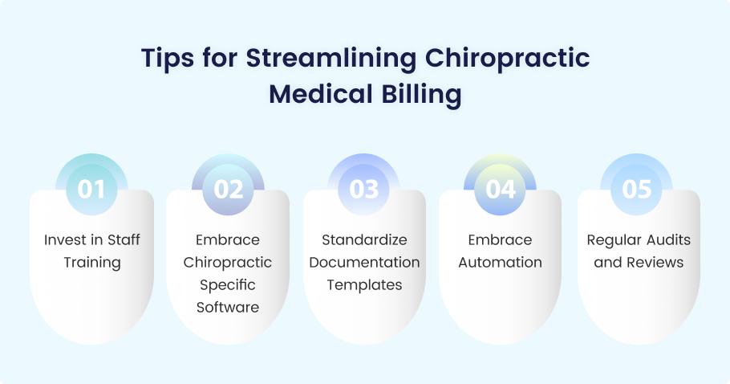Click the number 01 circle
pos(91,190)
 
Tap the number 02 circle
pos(228,190)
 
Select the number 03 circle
pos(364,190)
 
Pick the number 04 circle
pos(500,190)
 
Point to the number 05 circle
pos(636,190)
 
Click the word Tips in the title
pos(168,59)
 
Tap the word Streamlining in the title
pos(331,59)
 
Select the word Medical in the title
pos(321,94)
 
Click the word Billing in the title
pos(422,95)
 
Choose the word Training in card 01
pos(92,263)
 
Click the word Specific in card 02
pos(228,284)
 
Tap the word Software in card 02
pos(228,307)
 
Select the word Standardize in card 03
pos(364,239)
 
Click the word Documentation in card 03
pos(364,263)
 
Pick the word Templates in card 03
pos(364,284)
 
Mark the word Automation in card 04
pos(500,263)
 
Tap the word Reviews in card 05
pos(657,263)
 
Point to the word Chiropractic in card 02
pos(228,263)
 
